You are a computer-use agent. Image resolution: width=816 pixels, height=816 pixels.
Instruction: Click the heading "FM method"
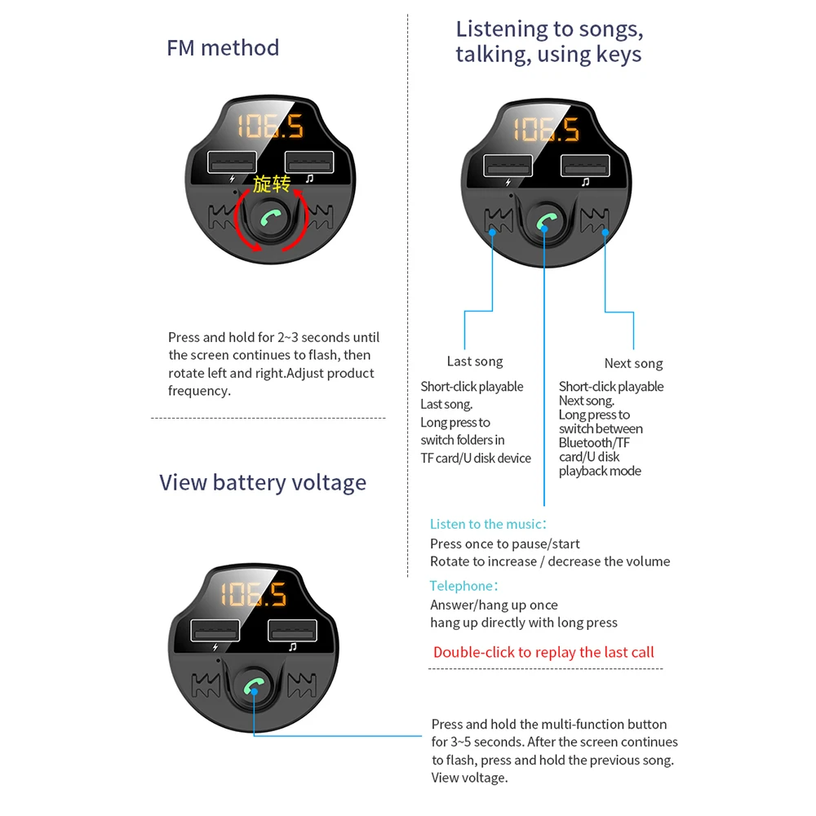(x=223, y=47)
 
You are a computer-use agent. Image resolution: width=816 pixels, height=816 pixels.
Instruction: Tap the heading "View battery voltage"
(x=263, y=482)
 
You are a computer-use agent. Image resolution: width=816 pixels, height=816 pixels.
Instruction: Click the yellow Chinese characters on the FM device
(x=271, y=184)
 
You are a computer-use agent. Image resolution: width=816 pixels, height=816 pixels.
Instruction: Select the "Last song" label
(x=475, y=361)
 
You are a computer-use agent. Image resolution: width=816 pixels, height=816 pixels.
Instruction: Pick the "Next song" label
(x=633, y=363)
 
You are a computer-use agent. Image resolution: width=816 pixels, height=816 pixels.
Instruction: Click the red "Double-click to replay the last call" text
(x=543, y=652)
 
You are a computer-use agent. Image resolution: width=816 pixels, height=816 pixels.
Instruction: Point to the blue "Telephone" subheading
(x=462, y=586)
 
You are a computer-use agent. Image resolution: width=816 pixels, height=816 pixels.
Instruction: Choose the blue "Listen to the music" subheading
(x=486, y=524)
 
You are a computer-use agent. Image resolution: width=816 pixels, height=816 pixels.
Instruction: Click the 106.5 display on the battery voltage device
(x=253, y=594)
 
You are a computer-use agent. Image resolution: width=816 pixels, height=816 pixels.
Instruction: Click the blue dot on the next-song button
(x=605, y=232)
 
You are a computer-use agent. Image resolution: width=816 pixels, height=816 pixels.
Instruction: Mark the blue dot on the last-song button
(x=493, y=232)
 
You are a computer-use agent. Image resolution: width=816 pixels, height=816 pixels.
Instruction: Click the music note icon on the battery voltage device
(x=292, y=647)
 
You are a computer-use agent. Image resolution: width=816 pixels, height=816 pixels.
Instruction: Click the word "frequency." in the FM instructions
(x=200, y=391)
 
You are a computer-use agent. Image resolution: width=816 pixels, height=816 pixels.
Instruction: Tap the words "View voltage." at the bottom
(x=469, y=778)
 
